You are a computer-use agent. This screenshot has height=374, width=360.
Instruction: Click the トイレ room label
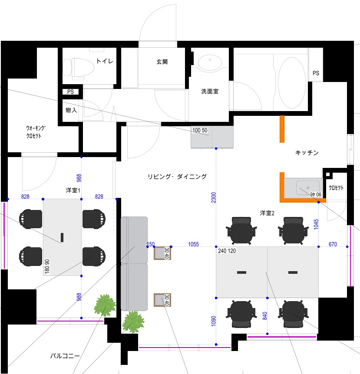(105, 61)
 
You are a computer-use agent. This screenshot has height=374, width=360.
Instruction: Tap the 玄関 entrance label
(162, 62)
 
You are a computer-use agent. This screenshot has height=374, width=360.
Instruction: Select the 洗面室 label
(210, 92)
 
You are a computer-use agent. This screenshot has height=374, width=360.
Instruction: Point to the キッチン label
(307, 153)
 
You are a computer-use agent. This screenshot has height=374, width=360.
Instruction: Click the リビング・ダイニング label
(177, 177)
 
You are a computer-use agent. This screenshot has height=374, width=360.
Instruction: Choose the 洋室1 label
(73, 190)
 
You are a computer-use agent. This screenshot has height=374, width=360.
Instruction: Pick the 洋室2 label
(267, 213)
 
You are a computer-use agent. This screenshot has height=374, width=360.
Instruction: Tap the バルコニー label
(65, 356)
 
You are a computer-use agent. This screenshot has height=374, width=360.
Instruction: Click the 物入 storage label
(71, 110)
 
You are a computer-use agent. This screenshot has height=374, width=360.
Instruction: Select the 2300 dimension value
(213, 197)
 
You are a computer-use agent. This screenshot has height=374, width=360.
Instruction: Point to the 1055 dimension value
(193, 244)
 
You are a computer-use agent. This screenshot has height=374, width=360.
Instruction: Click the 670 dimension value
(333, 244)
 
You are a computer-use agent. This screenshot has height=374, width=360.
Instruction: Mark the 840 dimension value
(265, 316)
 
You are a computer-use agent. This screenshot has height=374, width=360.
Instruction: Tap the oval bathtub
(292, 82)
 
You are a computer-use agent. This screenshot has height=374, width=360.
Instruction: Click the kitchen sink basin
(308, 188)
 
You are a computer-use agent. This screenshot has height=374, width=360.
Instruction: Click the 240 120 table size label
(227, 251)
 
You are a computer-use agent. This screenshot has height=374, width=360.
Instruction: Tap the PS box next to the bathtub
(316, 65)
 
